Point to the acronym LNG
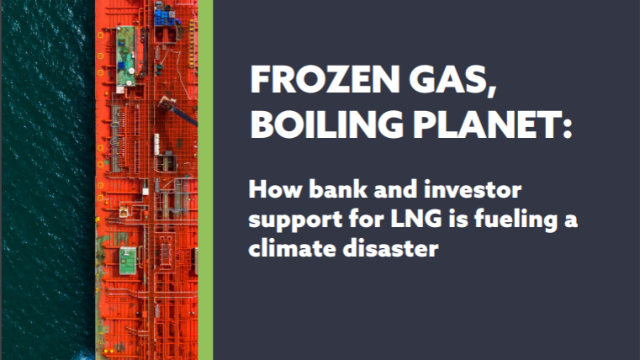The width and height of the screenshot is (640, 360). (416, 219)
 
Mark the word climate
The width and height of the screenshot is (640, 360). (292, 247)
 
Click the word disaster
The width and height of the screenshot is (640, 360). (390, 247)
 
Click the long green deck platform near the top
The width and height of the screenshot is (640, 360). (125, 56)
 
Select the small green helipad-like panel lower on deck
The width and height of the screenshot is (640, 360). (127, 261)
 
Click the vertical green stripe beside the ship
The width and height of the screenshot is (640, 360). (205, 180)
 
